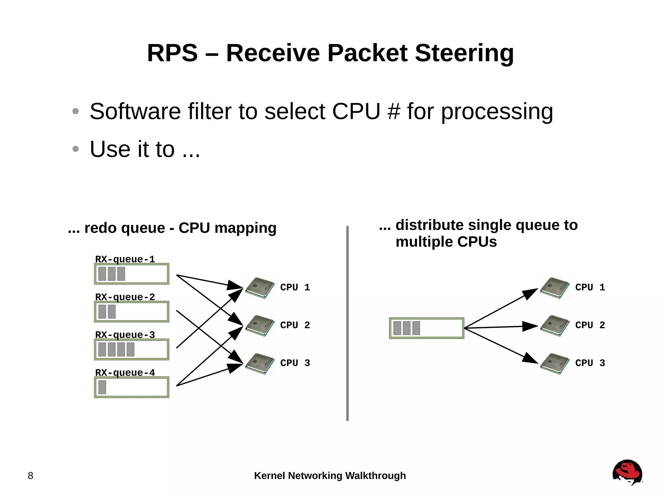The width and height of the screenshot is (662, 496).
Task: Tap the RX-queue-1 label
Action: [125, 259]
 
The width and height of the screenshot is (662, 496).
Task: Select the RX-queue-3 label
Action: [125, 335]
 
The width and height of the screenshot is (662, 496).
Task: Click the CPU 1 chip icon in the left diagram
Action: [260, 288]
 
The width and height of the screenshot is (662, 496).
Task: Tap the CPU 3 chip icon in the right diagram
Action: [555, 364]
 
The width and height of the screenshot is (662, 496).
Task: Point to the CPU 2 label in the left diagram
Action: [295, 325]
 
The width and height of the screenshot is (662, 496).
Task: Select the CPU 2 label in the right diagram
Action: [590, 325]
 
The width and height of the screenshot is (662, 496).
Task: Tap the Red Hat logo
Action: [627, 472]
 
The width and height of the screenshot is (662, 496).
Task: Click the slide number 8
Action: [30, 476]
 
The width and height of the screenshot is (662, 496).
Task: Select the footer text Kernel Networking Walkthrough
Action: [330, 476]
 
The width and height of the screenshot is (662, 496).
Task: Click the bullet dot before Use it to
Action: [76, 149]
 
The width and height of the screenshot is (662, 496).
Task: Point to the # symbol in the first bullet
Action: [393, 111]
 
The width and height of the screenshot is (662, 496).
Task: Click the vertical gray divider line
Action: [347, 323]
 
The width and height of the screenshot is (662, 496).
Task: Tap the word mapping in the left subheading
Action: [245, 228]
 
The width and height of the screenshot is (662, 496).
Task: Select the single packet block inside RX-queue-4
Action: [102, 387]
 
